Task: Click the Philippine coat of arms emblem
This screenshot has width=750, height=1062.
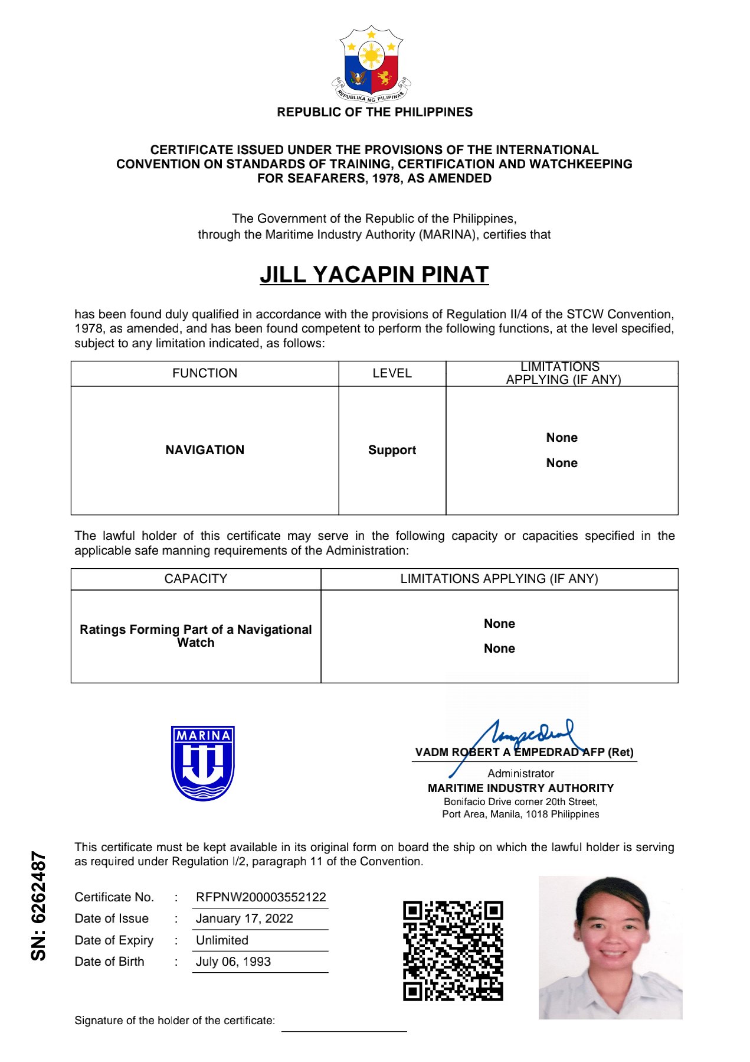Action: [x=371, y=64]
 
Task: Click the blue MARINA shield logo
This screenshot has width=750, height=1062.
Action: [x=203, y=763]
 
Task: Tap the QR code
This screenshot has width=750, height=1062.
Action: [x=453, y=951]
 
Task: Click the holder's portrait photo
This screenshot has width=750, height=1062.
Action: [x=610, y=947]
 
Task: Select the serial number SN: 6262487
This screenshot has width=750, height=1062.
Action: [x=38, y=905]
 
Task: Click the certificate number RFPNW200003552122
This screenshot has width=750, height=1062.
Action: [x=261, y=897]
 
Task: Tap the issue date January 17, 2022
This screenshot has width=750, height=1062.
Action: [x=244, y=918]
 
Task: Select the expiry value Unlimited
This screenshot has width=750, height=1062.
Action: [x=222, y=940]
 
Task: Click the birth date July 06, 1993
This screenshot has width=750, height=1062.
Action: [x=233, y=962]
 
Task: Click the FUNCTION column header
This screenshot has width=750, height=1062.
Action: [x=205, y=373]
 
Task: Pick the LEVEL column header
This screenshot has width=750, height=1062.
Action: [x=392, y=373]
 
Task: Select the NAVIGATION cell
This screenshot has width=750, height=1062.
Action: [x=205, y=450]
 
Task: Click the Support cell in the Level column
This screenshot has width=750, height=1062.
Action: [x=392, y=450]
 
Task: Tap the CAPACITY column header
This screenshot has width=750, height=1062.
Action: [x=195, y=579]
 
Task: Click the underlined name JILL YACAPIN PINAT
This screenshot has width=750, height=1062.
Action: [x=374, y=275]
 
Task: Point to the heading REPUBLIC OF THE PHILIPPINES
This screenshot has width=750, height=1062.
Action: [x=375, y=112]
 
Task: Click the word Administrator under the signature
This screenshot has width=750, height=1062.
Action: [x=520, y=773]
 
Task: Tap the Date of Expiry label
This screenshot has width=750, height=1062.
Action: [x=114, y=940]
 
